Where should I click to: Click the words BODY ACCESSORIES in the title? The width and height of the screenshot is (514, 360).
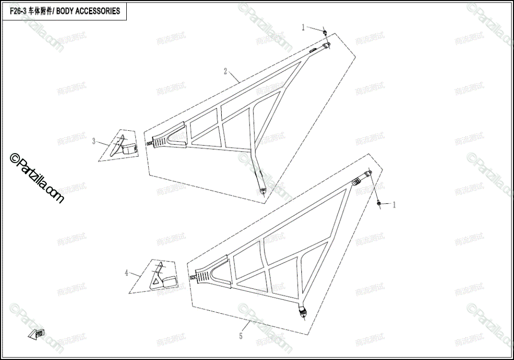[x=88, y=11]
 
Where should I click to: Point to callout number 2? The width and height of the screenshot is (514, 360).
[x=225, y=72]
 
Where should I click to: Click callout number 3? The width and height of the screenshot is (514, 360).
[x=94, y=141]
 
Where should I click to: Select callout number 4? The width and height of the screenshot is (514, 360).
[x=126, y=272]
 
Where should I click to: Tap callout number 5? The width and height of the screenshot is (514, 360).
[x=241, y=337]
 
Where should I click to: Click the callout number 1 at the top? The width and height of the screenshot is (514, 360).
[x=303, y=27]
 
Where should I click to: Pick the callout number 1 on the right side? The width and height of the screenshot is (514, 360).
[x=395, y=204]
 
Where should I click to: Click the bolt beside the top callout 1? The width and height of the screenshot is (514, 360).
[x=324, y=33]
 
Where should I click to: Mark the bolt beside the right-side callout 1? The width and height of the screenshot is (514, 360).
[x=379, y=203]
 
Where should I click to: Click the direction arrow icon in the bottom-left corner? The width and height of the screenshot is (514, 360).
[x=36, y=334]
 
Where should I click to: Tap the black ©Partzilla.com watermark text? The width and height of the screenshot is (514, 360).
[x=37, y=178]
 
